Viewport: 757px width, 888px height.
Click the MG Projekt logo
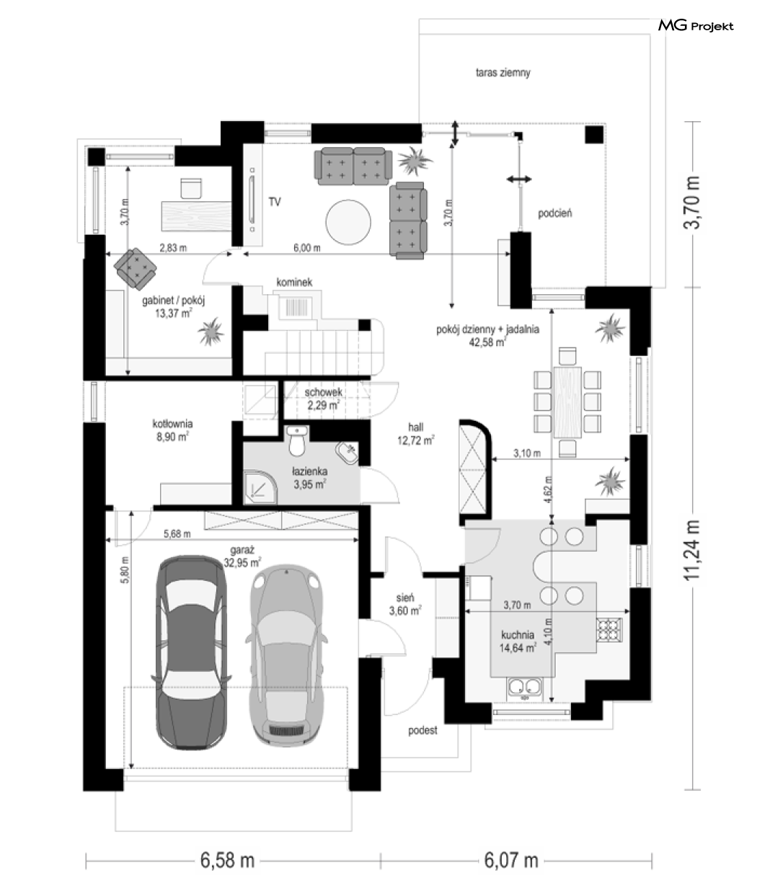[696, 26]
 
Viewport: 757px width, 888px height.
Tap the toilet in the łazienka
[296, 440]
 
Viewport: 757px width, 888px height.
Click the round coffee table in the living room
[348, 222]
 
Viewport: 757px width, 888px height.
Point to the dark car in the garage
[191, 652]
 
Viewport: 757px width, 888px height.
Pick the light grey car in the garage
[286, 655]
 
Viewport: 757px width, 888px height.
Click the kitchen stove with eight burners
[608, 630]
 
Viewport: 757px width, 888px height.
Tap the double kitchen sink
[525, 688]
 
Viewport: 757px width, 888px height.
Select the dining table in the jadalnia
[567, 402]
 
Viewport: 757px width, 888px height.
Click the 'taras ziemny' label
[503, 73]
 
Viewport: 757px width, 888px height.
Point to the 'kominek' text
[294, 283]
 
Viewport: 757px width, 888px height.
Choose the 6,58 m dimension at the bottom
[228, 861]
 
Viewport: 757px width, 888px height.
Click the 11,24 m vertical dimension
[692, 551]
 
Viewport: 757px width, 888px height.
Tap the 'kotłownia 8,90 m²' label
[173, 430]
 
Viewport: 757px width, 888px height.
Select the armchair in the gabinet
[135, 269]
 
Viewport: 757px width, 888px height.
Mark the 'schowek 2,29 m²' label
[324, 399]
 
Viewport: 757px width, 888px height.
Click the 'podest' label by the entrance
[422, 730]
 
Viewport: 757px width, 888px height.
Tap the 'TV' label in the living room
[275, 202]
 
